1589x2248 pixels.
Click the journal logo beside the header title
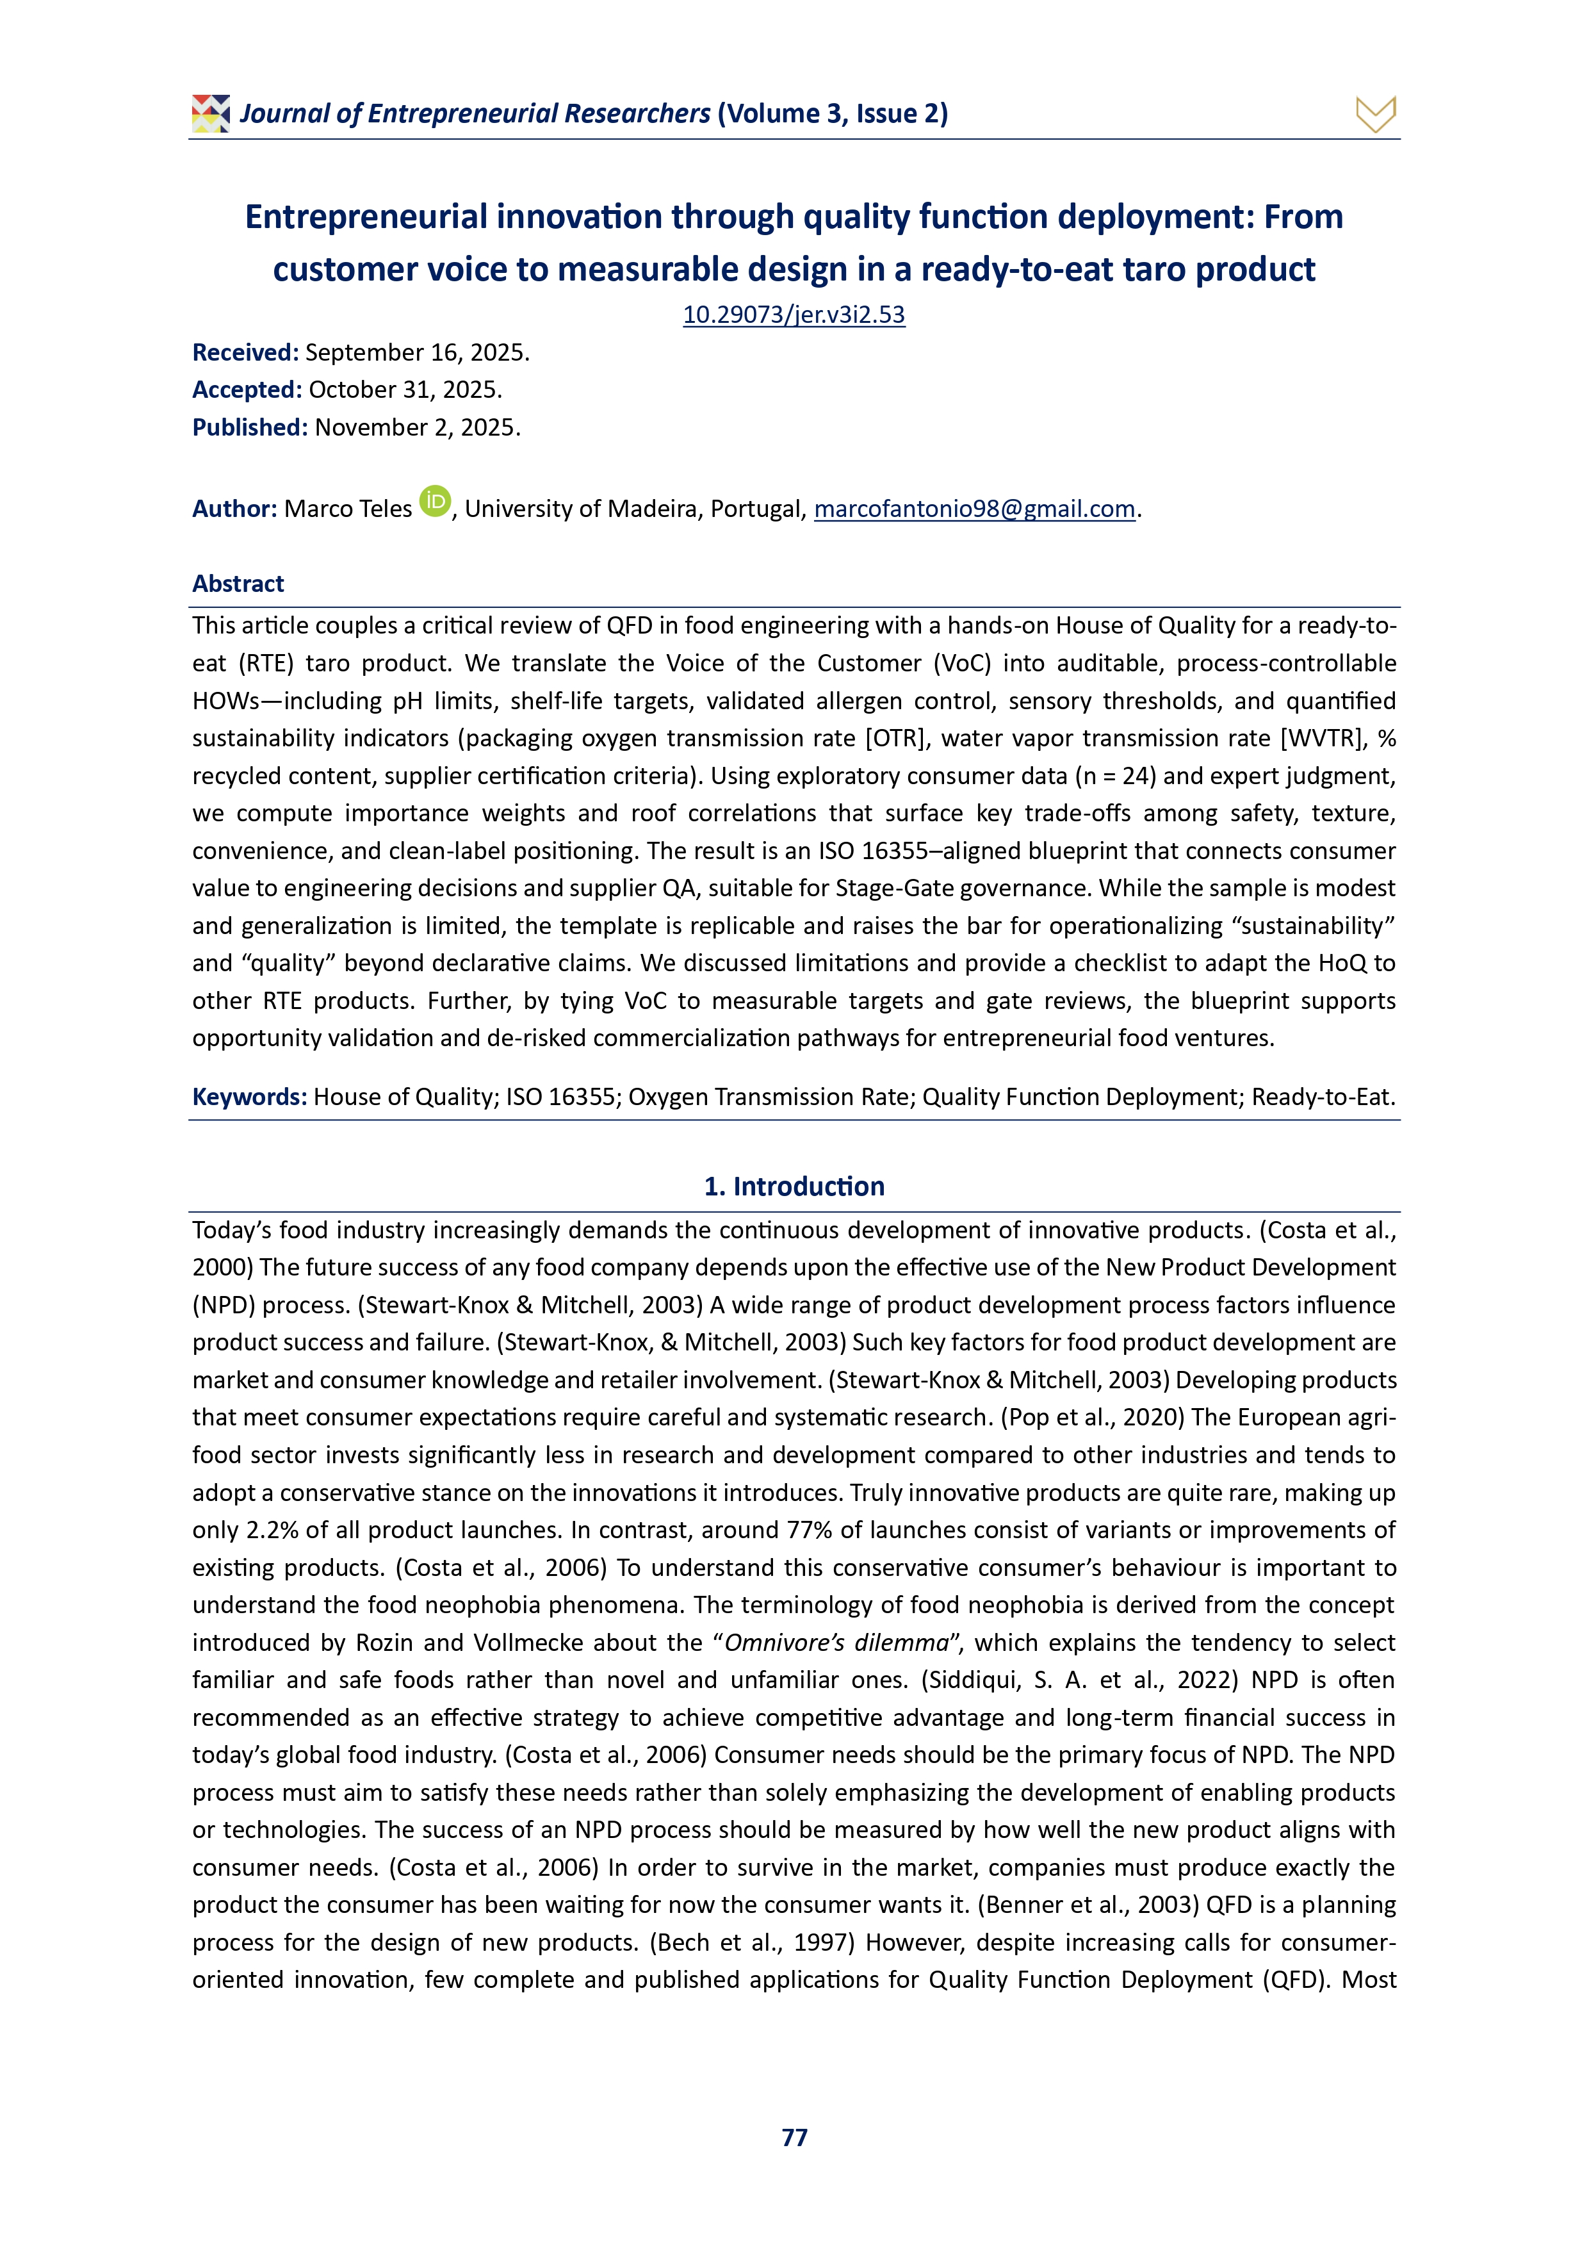pyautogui.click(x=211, y=113)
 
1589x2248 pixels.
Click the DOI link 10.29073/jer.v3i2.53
pyautogui.click(x=794, y=315)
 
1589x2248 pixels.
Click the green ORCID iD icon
pyautogui.click(x=435, y=501)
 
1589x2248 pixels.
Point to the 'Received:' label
pyautogui.click(x=245, y=352)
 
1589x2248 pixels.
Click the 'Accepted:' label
pyautogui.click(x=247, y=390)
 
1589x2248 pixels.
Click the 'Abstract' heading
pyautogui.click(x=238, y=584)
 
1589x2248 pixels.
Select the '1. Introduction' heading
pyautogui.click(x=794, y=1186)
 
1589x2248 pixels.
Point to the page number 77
pyautogui.click(x=794, y=2137)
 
